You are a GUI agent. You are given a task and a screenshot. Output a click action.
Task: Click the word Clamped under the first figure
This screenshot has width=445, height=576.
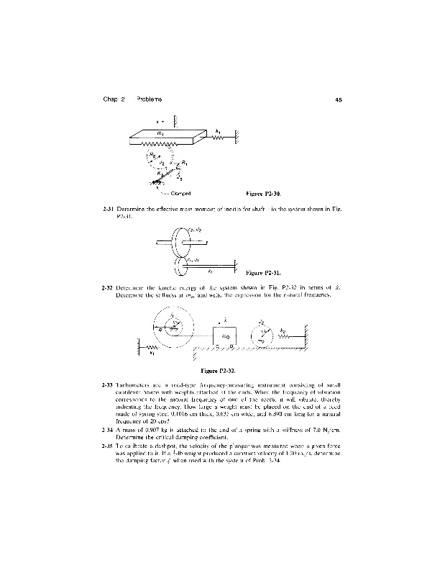179,193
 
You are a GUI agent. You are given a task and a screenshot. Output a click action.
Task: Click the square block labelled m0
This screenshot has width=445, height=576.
225,335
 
